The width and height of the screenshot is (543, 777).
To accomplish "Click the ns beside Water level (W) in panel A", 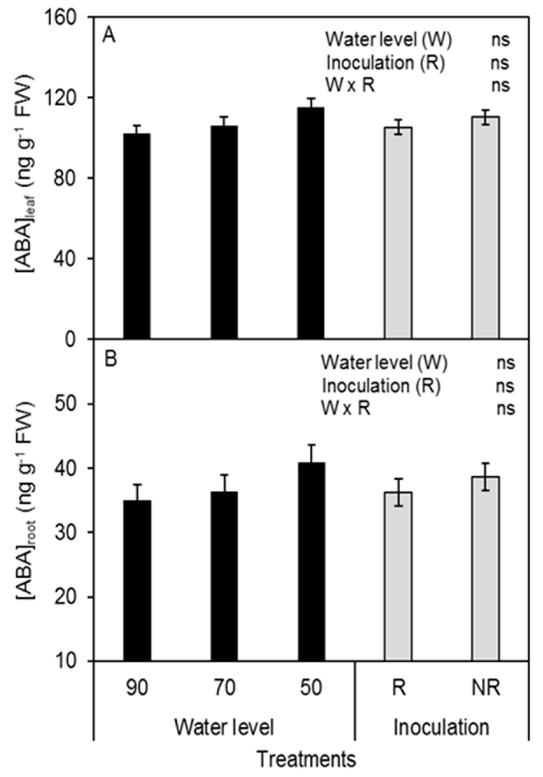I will pos(500,40).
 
